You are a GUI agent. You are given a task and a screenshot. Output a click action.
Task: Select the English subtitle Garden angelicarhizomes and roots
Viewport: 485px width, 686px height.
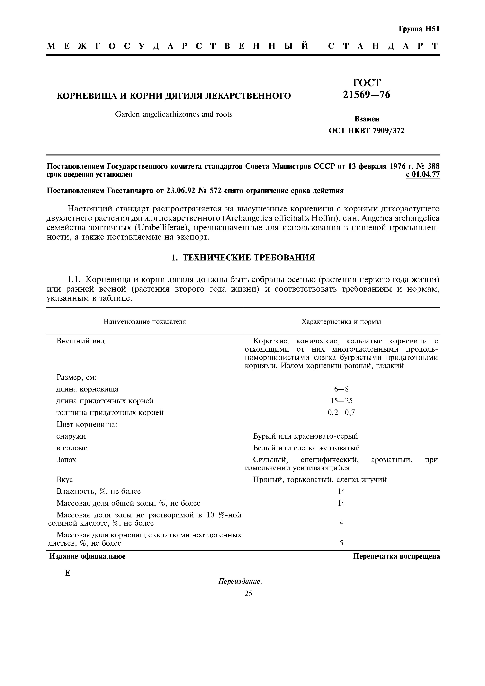tap(174, 114)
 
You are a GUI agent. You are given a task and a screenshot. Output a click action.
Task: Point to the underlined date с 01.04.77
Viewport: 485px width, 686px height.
tap(423, 174)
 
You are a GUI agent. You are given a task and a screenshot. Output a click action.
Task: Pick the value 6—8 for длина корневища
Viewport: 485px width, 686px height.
tap(341, 389)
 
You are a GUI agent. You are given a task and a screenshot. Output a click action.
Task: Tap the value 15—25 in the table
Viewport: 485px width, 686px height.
tap(341, 401)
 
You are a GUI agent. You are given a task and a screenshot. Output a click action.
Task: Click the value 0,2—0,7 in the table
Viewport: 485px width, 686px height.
tap(341, 413)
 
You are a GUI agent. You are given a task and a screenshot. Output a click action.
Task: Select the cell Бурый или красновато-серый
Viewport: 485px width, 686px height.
tap(305, 436)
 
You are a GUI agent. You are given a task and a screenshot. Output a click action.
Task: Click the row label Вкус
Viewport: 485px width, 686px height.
tap(65, 479)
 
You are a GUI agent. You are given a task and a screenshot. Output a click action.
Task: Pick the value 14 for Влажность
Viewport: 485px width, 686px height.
tap(341, 491)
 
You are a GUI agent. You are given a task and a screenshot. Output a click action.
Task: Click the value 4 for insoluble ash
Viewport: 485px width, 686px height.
tap(341, 523)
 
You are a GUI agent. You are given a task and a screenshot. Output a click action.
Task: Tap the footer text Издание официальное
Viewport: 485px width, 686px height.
tap(87, 556)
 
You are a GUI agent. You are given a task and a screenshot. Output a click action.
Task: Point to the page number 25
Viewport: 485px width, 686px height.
tap(248, 593)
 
